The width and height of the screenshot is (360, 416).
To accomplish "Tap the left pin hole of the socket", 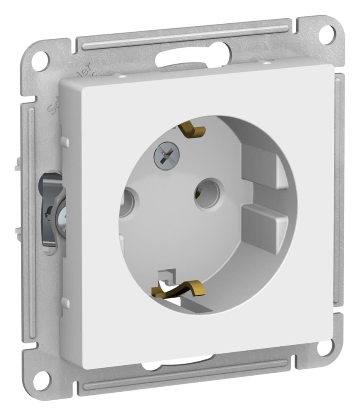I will (x=126, y=203).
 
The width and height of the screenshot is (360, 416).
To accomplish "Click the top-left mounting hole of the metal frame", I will (x=40, y=61).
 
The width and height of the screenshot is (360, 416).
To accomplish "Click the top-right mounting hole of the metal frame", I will (x=328, y=35).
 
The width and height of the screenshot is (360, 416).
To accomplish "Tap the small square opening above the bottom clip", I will (x=170, y=275).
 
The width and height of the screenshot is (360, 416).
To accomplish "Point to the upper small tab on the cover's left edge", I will (x=65, y=142).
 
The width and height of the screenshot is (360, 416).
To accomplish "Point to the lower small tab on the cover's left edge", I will (x=65, y=303).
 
